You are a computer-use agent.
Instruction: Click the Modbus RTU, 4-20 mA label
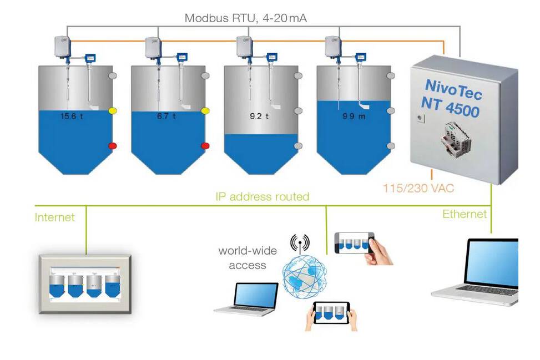click(245, 18)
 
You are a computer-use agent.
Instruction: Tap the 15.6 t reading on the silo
click(72, 116)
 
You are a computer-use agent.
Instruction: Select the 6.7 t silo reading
click(165, 116)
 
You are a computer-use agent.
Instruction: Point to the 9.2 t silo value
click(259, 117)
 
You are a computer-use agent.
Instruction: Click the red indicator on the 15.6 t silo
click(113, 146)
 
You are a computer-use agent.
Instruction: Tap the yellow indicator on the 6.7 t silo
click(205, 111)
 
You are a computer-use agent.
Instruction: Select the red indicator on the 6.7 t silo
click(205, 146)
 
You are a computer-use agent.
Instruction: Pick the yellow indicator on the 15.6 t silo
click(113, 111)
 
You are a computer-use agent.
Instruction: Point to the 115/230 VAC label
click(418, 189)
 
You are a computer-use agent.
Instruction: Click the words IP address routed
click(263, 196)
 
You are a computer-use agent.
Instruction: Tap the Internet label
click(54, 217)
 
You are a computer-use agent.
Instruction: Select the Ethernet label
click(465, 214)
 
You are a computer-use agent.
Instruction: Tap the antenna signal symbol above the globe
click(300, 243)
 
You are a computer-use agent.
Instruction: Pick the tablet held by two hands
click(332, 313)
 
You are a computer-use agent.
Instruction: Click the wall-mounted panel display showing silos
click(85, 283)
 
